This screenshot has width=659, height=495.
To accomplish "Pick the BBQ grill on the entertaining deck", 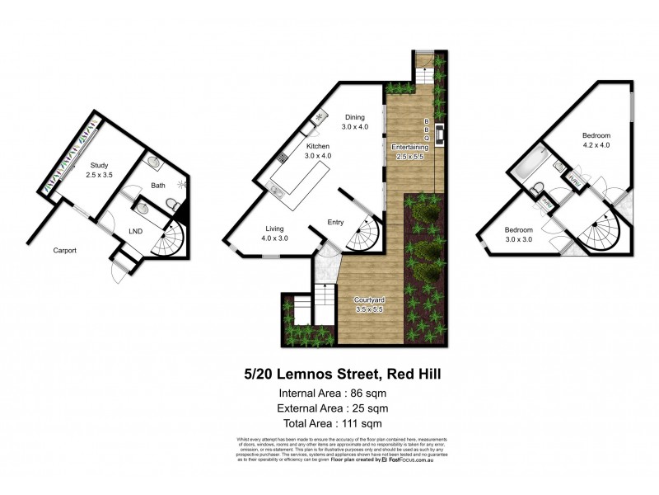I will click(x=440, y=133).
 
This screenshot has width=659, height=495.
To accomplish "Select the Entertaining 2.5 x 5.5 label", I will click(x=409, y=150).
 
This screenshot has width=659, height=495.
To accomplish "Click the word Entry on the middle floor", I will click(x=335, y=222).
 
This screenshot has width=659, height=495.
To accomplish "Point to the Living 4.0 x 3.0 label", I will click(x=274, y=233).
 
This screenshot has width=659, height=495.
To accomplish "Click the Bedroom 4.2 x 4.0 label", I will click(x=596, y=140).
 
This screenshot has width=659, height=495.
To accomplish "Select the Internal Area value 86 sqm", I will click(x=345, y=393).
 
